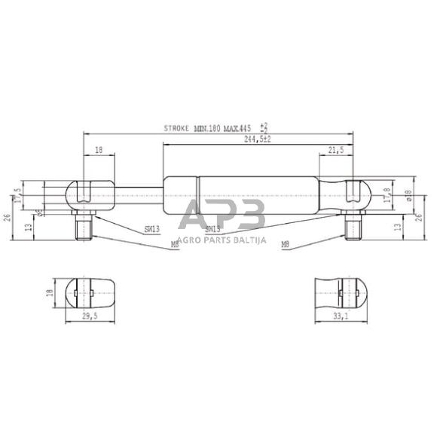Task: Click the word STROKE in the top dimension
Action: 177,130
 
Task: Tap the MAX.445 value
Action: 240,130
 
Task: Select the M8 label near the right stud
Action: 286,245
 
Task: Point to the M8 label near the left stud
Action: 175,245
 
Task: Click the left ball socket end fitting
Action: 88,195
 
